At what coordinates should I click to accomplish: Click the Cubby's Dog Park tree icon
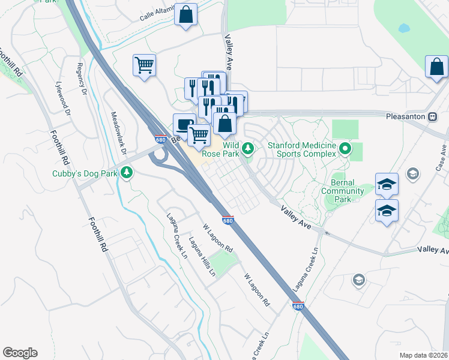point(126,173)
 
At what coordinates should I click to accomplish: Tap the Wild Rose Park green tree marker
point(247,148)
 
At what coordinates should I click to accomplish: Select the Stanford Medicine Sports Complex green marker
point(345,148)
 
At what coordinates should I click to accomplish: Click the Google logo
point(20,353)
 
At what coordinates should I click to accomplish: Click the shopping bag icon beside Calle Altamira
point(186,14)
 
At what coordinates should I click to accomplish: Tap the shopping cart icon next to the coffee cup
point(199,134)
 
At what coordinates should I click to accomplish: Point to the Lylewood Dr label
point(61,98)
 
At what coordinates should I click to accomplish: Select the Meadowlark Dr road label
point(118,132)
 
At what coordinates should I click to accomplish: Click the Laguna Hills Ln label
point(202,257)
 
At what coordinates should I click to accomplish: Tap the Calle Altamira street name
point(156,16)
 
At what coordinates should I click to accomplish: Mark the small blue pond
point(403,28)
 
